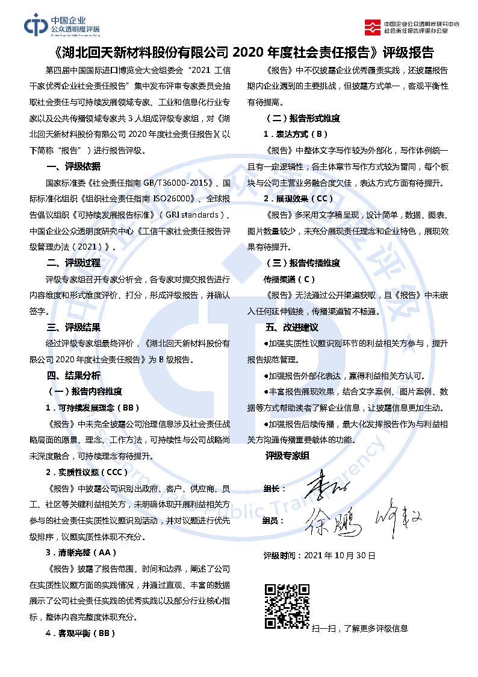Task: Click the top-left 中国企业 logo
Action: tap(62, 25)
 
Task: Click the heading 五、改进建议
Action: tap(291, 327)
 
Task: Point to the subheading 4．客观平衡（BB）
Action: tap(80, 633)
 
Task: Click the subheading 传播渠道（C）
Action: tap(289, 279)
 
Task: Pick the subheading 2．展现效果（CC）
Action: tap(298, 198)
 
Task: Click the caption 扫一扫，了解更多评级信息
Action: tap(360, 628)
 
